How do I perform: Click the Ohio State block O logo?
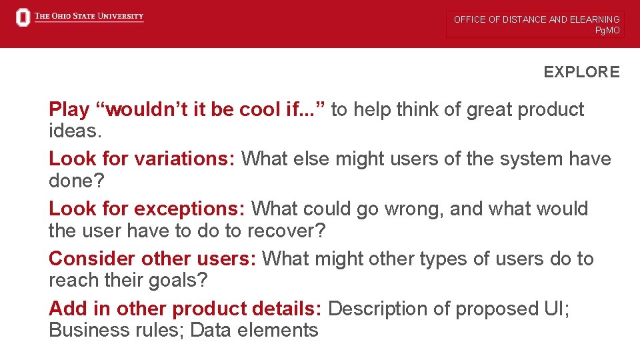click(x=23, y=18)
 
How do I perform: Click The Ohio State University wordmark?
click(x=89, y=17)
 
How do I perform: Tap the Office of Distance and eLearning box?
click(x=536, y=24)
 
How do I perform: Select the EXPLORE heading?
click(x=581, y=72)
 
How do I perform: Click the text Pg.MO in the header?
click(x=607, y=31)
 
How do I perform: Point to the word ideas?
click(x=75, y=131)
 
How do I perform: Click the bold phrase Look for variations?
click(x=142, y=159)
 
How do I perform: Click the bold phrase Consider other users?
click(x=153, y=259)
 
